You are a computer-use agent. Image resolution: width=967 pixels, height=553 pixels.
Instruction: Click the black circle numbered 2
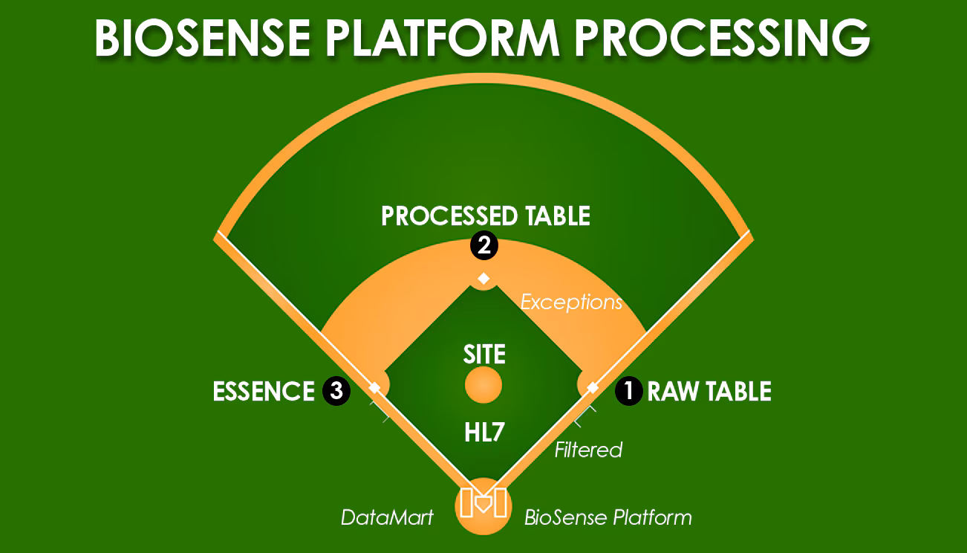[483, 246]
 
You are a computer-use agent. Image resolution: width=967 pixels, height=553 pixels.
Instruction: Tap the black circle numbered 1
[628, 392]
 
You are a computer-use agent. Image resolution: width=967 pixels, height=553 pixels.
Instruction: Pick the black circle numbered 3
[336, 392]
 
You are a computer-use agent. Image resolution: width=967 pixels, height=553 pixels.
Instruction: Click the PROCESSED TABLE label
[485, 216]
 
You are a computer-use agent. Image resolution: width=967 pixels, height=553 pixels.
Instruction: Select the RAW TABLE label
[709, 392]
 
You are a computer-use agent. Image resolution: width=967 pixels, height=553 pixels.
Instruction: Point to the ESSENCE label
[264, 392]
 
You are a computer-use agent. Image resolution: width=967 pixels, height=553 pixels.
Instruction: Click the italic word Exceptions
[570, 303]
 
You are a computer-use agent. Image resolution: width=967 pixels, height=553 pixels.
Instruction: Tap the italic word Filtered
[588, 450]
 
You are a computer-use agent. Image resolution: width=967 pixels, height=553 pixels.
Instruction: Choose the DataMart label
[387, 517]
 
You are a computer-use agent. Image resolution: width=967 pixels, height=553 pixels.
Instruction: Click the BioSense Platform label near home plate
[608, 517]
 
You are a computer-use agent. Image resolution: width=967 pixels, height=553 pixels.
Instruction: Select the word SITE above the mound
[484, 354]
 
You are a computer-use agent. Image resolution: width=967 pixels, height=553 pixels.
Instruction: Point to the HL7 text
[484, 433]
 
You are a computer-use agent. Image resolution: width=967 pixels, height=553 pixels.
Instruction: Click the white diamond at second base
[483, 279]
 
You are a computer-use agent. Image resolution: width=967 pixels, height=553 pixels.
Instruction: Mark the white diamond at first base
[593, 387]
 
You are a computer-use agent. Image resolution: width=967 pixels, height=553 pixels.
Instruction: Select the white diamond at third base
[374, 387]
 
